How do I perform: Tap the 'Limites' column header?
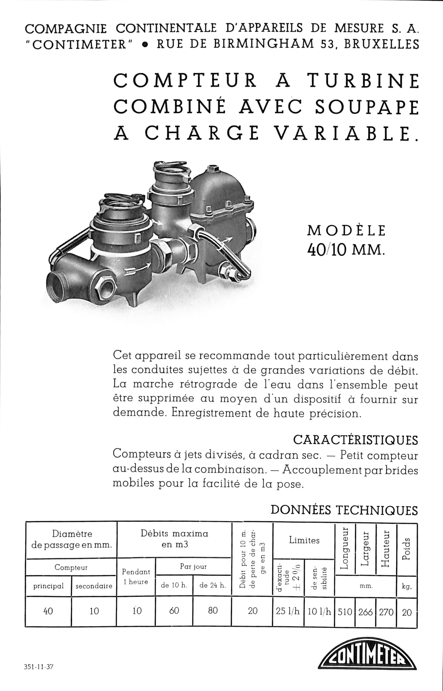304,540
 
